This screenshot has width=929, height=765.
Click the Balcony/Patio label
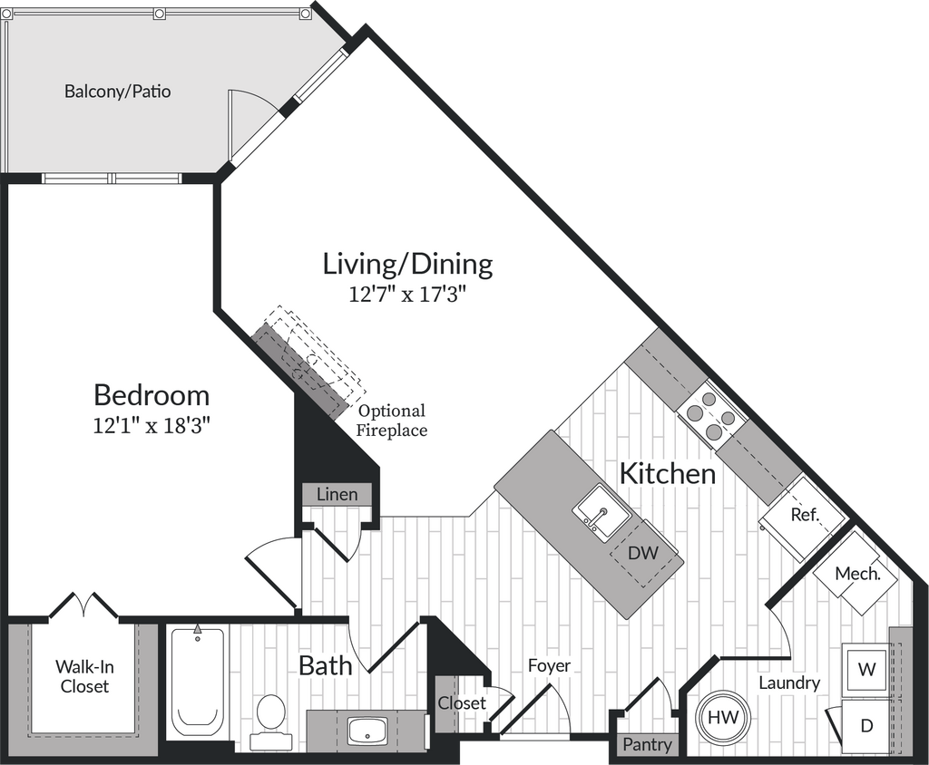117,92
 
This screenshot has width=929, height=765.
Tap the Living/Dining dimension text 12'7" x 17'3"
408,295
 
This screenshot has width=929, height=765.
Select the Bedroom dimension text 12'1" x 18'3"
152,426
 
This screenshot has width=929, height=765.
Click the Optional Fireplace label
391,421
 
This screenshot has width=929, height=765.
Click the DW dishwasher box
643,553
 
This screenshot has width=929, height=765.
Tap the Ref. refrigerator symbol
804,515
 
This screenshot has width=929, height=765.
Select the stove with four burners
710,412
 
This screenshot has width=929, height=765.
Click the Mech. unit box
857,574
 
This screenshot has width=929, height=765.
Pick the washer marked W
866,670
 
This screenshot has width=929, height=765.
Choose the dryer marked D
866,725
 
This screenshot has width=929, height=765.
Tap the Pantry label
647,745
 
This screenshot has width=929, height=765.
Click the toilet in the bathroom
270,721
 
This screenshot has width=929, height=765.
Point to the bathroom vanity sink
367,730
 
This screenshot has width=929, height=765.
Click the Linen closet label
337,495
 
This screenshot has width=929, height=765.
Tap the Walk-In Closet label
84,676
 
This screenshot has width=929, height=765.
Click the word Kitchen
667,472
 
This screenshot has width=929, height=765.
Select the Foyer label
550,665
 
